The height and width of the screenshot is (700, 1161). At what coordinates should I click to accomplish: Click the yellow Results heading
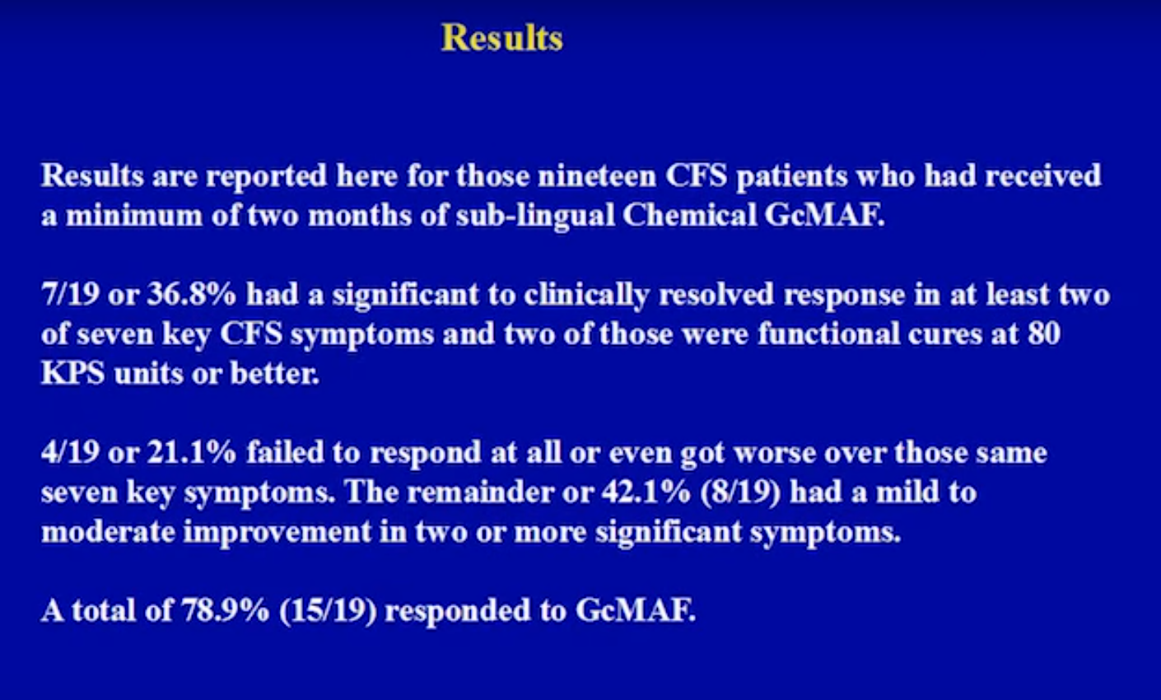pos(501,38)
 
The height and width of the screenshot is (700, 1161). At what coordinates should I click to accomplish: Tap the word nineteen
pos(597,175)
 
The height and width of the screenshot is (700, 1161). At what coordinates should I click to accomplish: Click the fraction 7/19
pos(71,294)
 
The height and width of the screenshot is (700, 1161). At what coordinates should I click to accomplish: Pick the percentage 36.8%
pos(192,294)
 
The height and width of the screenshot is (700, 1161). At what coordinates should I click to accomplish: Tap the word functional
pos(829,334)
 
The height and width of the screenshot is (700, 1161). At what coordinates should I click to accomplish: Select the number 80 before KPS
pos(1044,334)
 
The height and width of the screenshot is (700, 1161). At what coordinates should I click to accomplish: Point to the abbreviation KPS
pos(72,373)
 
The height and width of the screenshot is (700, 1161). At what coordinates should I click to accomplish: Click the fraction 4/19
pos(71,452)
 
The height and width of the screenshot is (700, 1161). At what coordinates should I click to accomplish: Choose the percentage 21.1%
pos(192,452)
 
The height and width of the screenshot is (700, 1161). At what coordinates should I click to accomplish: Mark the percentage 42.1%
pos(646,492)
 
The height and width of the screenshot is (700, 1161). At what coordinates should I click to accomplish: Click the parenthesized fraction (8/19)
pos(740,492)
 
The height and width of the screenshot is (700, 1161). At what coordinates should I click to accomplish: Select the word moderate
pos(109,532)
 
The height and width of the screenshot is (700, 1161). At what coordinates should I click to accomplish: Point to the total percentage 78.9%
pos(225,610)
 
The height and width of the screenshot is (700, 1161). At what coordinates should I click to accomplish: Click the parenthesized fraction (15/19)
pos(328,611)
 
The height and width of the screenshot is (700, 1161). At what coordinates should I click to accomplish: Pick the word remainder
pos(481,492)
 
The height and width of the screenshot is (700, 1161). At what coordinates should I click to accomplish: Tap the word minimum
pos(133,215)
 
